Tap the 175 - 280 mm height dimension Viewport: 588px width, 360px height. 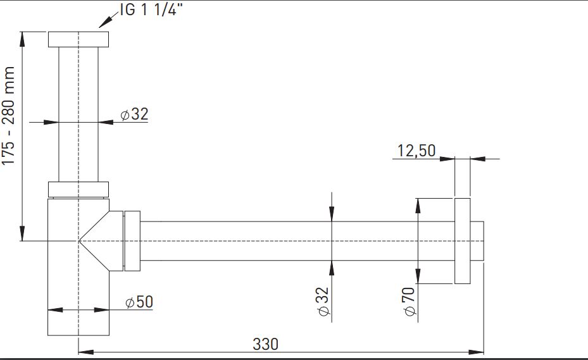point(8,116)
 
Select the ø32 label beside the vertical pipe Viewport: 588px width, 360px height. point(135,114)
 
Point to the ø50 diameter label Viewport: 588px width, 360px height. point(139,302)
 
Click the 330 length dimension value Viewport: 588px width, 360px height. point(265,344)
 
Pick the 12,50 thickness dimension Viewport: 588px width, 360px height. point(416,151)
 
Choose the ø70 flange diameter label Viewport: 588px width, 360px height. point(409,302)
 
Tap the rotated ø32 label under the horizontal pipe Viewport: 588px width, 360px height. point(323,302)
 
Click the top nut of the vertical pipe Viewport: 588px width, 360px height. point(78,39)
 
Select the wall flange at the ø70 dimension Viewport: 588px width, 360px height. point(463,241)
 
